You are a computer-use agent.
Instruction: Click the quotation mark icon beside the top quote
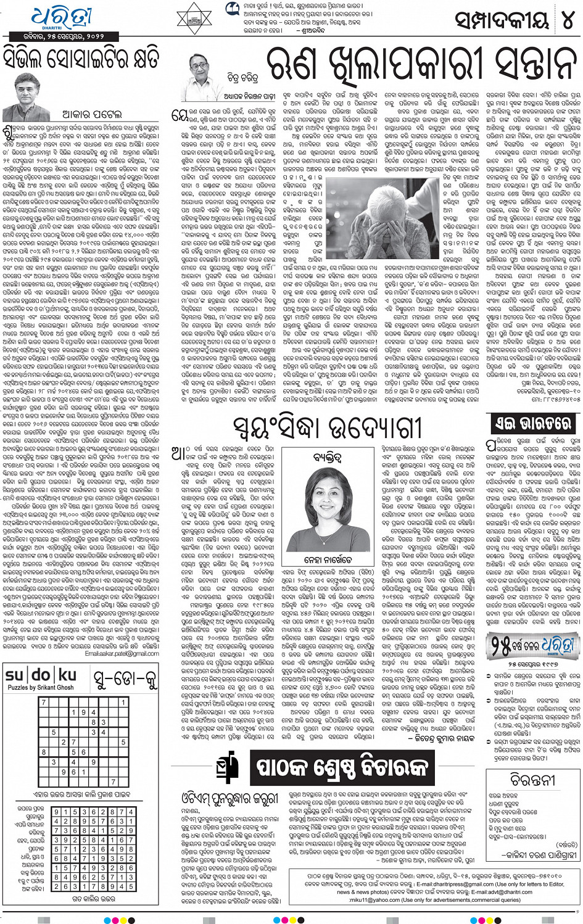pyautogui.click(x=232, y=8)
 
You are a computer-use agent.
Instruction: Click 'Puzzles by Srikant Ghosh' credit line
pyautogui.click(x=41, y=687)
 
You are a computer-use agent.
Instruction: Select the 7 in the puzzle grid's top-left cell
pyautogui.click(x=44, y=703)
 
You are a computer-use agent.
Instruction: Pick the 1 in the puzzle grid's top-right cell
pyautogui.click(x=123, y=703)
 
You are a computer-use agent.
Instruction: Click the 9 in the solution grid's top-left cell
pyautogui.click(x=57, y=812)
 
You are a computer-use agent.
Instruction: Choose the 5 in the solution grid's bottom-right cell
pyautogui.click(x=131, y=886)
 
